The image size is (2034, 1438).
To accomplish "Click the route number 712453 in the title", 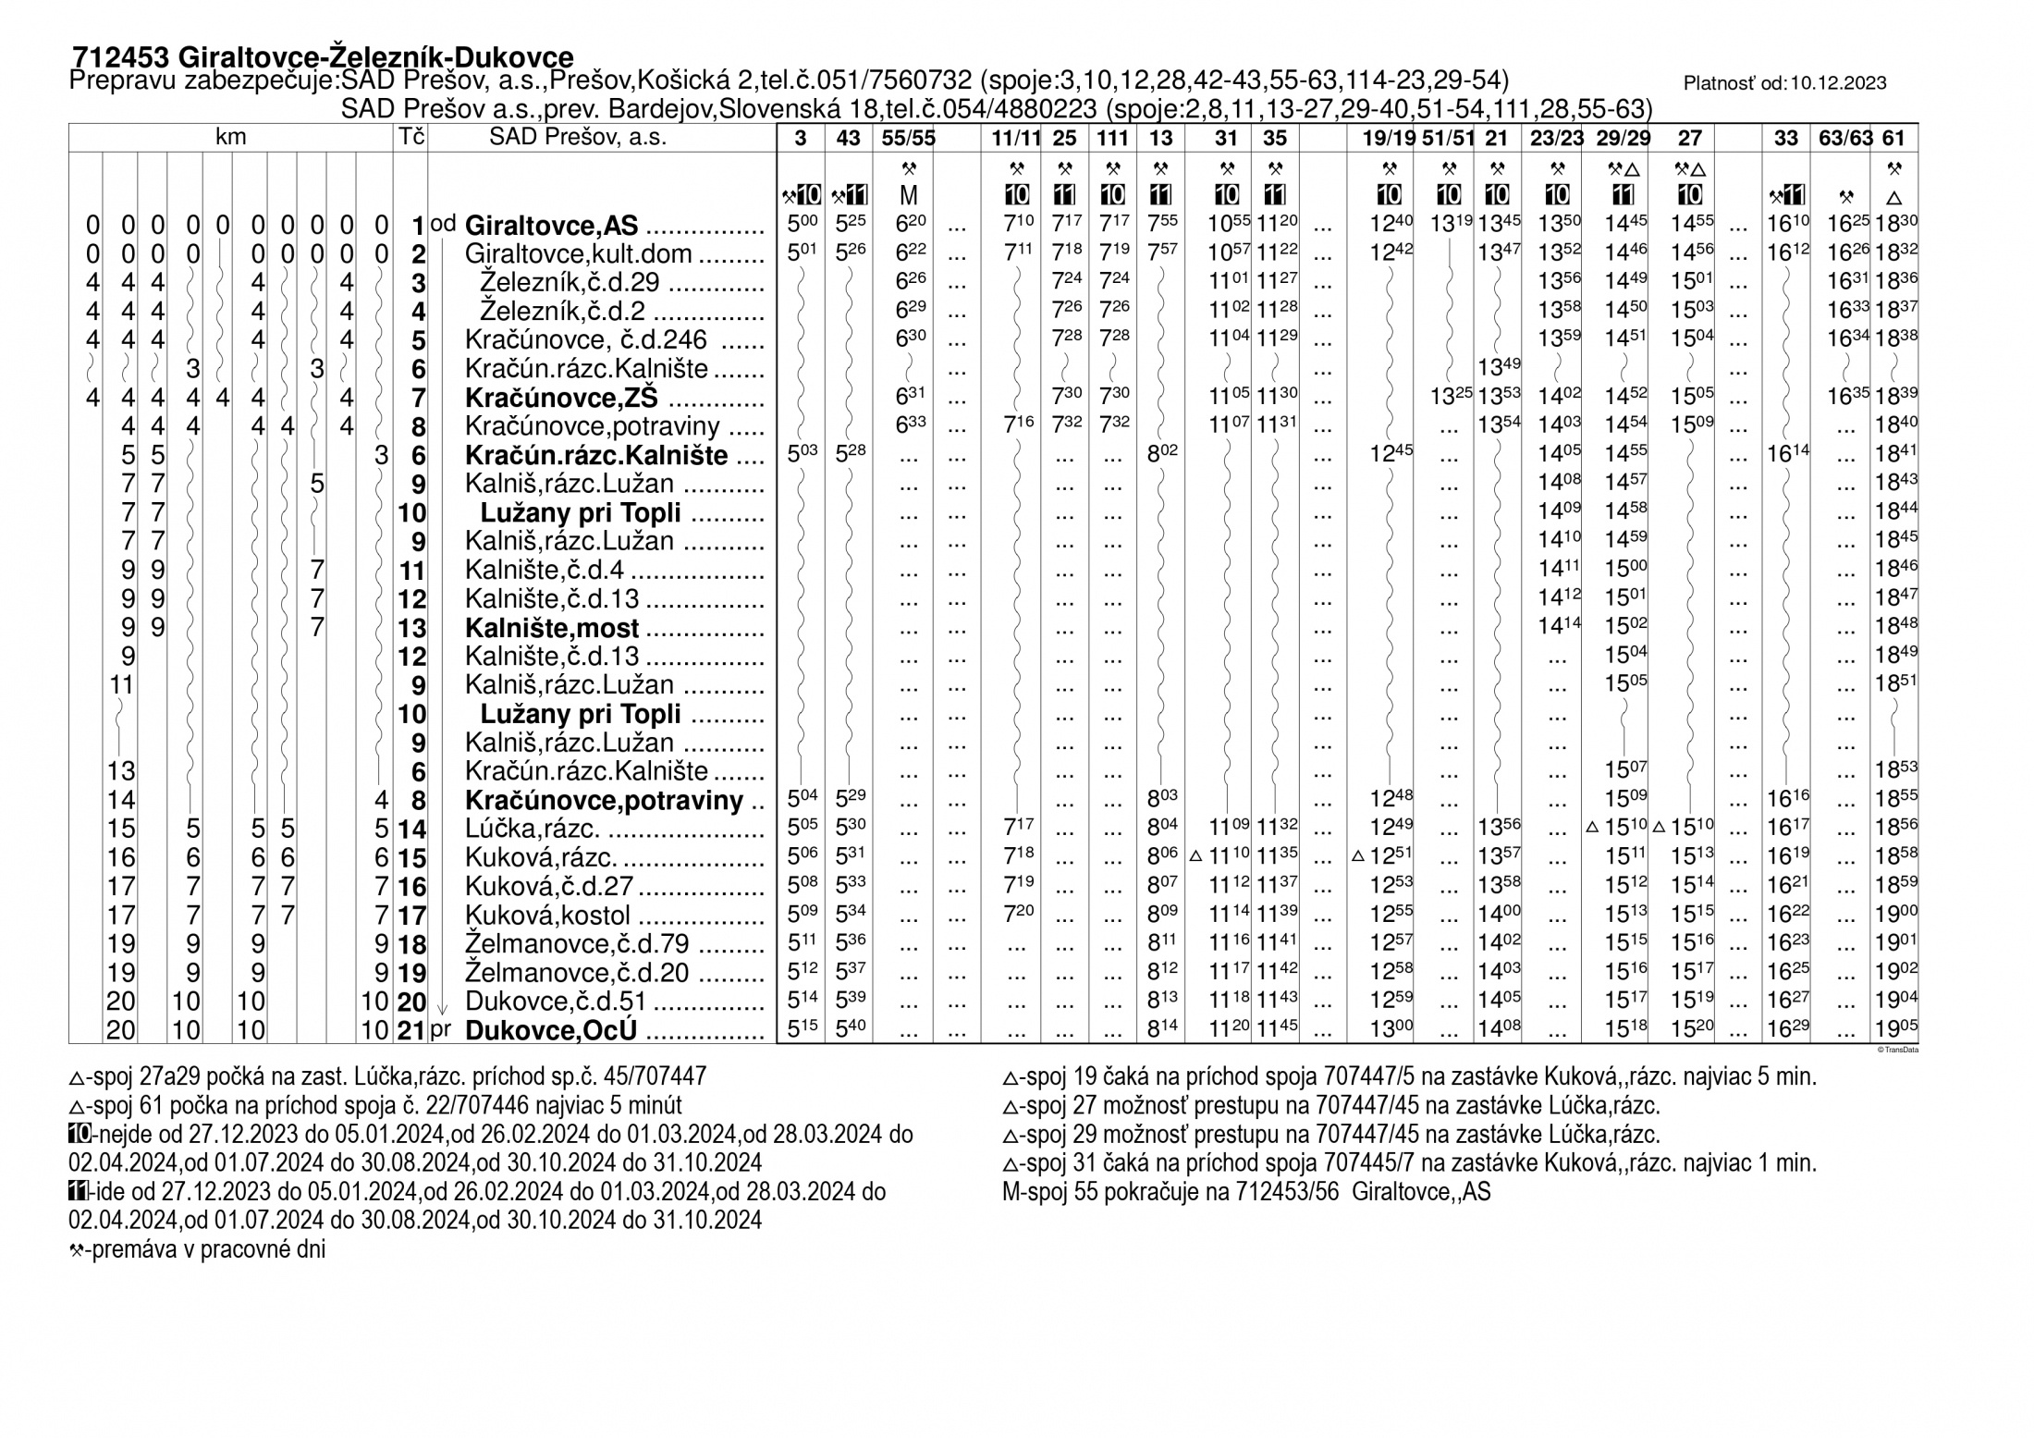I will coord(119,57).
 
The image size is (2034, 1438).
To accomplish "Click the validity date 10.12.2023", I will coord(1838,83).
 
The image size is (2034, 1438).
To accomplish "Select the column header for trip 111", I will coord(1112,139).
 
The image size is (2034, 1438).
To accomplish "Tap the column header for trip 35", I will coord(1275,139).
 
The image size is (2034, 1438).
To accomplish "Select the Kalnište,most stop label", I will coord(552,629).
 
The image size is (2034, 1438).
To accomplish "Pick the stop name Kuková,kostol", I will coord(547,916).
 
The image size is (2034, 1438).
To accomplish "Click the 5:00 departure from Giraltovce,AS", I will coord(801,225).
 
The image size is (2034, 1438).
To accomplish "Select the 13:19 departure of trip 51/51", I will coord(1449,225).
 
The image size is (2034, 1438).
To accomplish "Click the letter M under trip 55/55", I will coord(908,196).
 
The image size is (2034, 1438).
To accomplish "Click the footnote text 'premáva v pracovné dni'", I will coord(203,1250).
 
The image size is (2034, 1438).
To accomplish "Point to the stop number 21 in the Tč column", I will coord(411,1031).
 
